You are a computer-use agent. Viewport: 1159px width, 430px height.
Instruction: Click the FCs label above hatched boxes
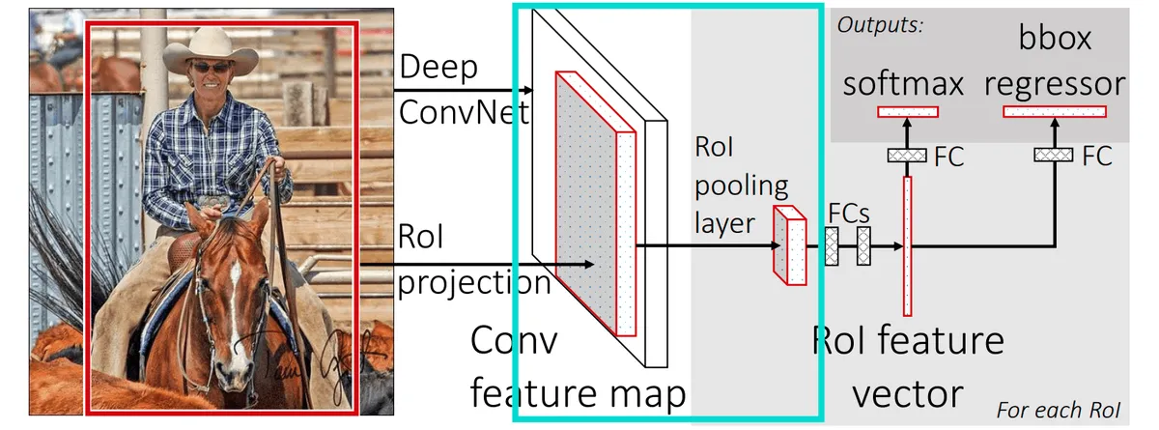point(849,214)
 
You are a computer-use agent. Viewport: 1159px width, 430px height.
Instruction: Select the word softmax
point(904,84)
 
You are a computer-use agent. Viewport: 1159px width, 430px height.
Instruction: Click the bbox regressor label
point(1056,62)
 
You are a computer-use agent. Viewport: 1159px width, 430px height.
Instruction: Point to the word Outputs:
point(880,25)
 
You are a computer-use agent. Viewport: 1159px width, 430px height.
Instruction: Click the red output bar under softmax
point(908,112)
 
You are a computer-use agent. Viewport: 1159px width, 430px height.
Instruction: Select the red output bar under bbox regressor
point(1054,112)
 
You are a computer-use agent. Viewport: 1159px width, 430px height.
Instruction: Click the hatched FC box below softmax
point(907,155)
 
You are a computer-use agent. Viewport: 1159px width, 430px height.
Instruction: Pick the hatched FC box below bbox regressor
point(1054,155)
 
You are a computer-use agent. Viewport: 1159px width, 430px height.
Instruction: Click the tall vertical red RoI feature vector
point(907,245)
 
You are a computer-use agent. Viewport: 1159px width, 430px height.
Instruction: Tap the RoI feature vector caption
point(909,367)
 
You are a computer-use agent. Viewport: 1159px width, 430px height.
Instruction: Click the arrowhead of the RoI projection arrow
point(588,262)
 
